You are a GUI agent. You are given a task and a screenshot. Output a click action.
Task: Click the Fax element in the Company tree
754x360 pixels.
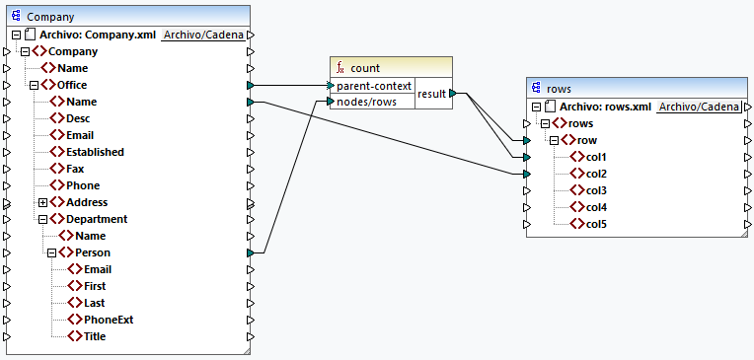(75, 169)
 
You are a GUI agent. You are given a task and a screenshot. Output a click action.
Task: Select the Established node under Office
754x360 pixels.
(95, 152)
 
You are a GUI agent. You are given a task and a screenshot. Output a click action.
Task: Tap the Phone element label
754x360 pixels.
(82, 185)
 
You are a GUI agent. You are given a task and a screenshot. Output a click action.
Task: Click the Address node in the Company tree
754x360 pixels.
(87, 202)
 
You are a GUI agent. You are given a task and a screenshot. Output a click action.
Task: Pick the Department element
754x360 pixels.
(96, 219)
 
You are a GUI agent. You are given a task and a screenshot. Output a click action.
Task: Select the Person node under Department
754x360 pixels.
(93, 252)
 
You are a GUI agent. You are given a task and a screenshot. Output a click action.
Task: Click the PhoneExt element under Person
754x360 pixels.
(109, 320)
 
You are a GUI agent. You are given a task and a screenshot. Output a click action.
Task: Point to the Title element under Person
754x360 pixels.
(96, 336)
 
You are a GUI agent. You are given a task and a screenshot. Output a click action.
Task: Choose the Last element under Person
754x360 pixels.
(95, 303)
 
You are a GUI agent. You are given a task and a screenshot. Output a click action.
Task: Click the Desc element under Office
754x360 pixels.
(78, 118)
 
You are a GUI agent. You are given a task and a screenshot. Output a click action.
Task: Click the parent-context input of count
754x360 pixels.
(374, 86)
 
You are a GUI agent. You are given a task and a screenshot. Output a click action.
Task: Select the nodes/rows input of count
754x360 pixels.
(367, 102)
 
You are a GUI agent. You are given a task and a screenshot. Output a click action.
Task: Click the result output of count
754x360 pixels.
(432, 94)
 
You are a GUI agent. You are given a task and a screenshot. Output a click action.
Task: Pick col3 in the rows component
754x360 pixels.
(596, 190)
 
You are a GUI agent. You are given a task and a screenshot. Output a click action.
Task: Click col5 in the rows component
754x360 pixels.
(596, 224)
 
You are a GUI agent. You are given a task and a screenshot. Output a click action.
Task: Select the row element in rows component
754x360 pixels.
(587, 140)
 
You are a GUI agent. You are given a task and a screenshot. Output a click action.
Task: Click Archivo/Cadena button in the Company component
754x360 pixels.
(203, 35)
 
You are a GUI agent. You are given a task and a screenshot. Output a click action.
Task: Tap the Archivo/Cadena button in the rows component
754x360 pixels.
(699, 107)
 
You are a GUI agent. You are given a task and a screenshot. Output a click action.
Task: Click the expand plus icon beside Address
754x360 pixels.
(42, 202)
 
